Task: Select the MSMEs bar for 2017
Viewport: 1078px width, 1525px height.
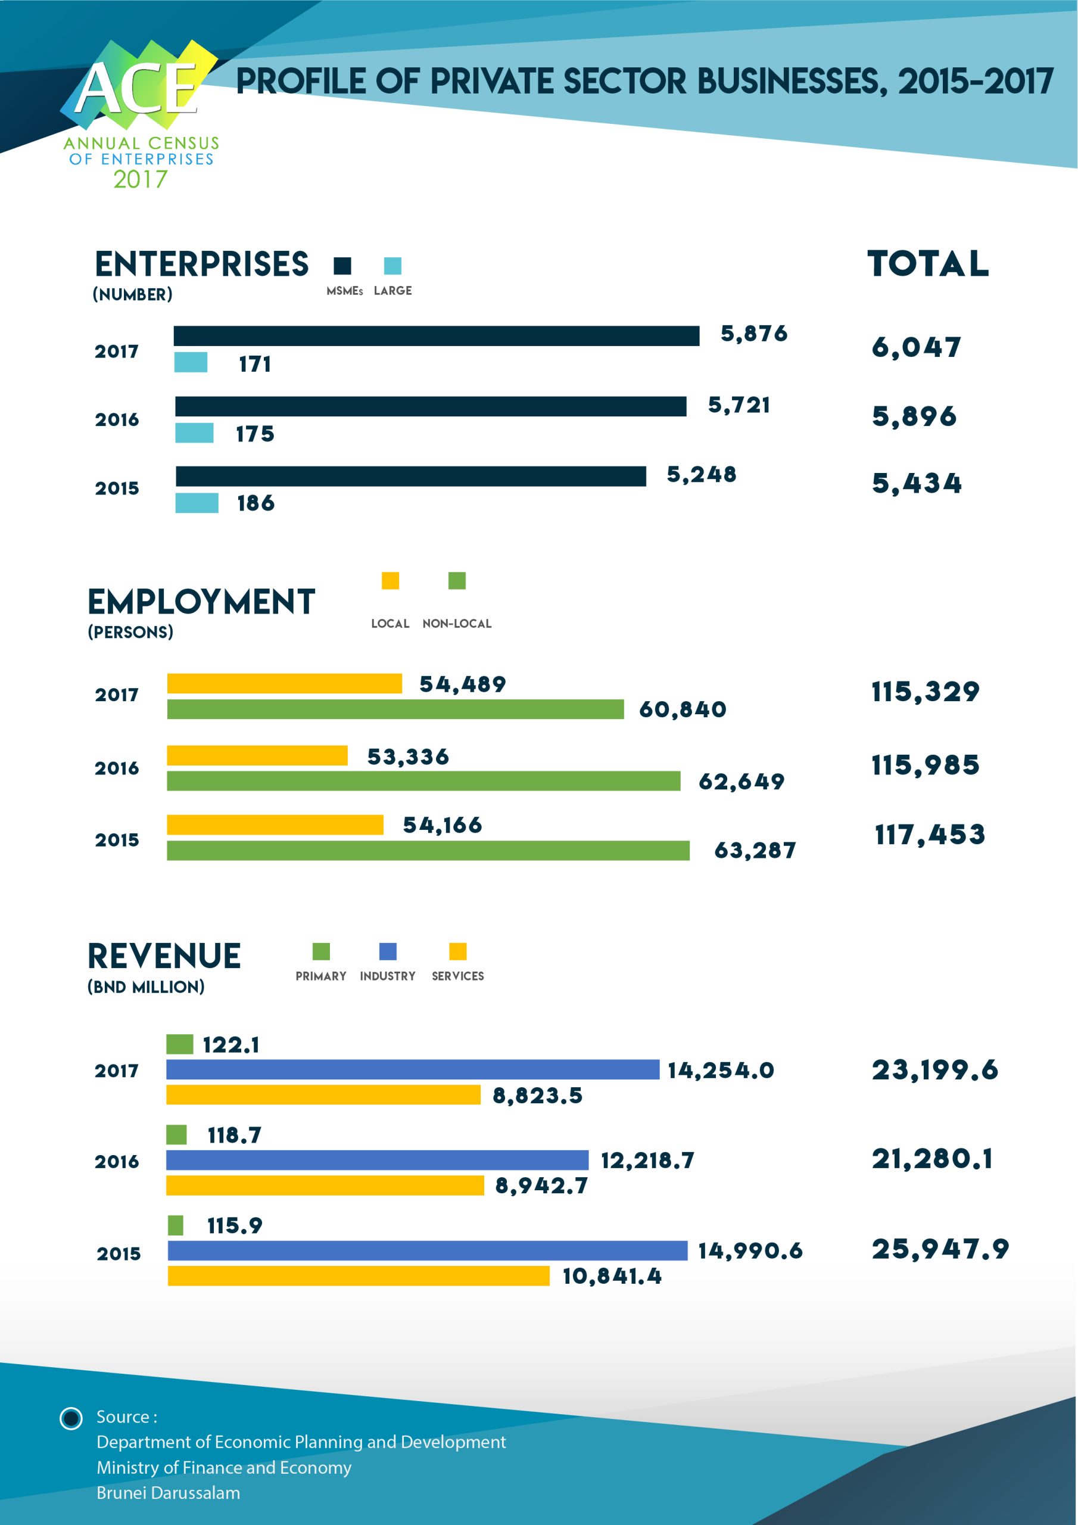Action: [x=437, y=336]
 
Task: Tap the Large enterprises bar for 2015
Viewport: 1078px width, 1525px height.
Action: [x=197, y=503]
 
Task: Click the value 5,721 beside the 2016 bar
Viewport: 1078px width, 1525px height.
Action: [x=739, y=405]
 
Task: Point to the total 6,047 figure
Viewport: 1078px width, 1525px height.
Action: [x=916, y=347]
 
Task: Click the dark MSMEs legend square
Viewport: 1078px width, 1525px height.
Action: [x=342, y=266]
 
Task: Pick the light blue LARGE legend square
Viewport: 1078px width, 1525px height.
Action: [x=392, y=266]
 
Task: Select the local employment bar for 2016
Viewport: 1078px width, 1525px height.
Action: [x=257, y=755]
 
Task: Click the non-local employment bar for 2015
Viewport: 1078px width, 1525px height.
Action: [x=428, y=850]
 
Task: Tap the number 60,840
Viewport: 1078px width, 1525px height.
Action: [x=682, y=709]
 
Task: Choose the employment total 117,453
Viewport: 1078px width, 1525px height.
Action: [x=929, y=835]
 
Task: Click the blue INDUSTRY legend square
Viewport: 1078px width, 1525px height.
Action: [x=388, y=951]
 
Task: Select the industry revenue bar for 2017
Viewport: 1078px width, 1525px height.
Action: [x=413, y=1069]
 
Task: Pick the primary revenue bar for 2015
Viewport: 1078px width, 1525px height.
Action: [x=175, y=1225]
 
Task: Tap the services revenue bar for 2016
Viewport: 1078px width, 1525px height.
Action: [x=325, y=1185]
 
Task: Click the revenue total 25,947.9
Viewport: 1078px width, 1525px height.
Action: [x=940, y=1249]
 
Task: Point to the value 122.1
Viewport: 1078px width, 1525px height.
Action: [x=230, y=1045]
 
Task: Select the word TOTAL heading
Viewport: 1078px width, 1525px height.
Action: [x=928, y=264]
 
